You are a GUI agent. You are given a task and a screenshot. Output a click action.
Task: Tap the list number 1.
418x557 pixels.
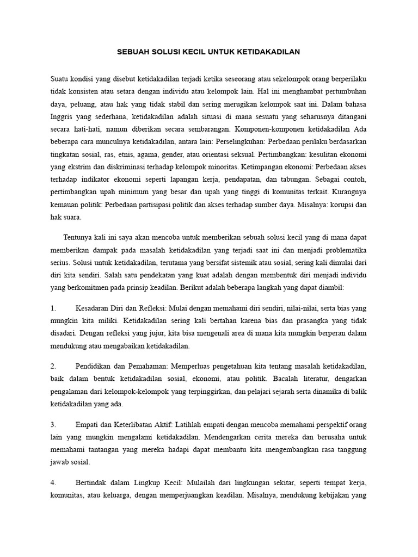[x=53, y=308]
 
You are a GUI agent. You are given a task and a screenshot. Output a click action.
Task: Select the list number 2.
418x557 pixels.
[x=53, y=366]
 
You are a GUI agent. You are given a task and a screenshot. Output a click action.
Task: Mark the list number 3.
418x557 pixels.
[x=53, y=424]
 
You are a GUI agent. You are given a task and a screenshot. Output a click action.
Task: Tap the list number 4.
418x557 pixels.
[x=53, y=482]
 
